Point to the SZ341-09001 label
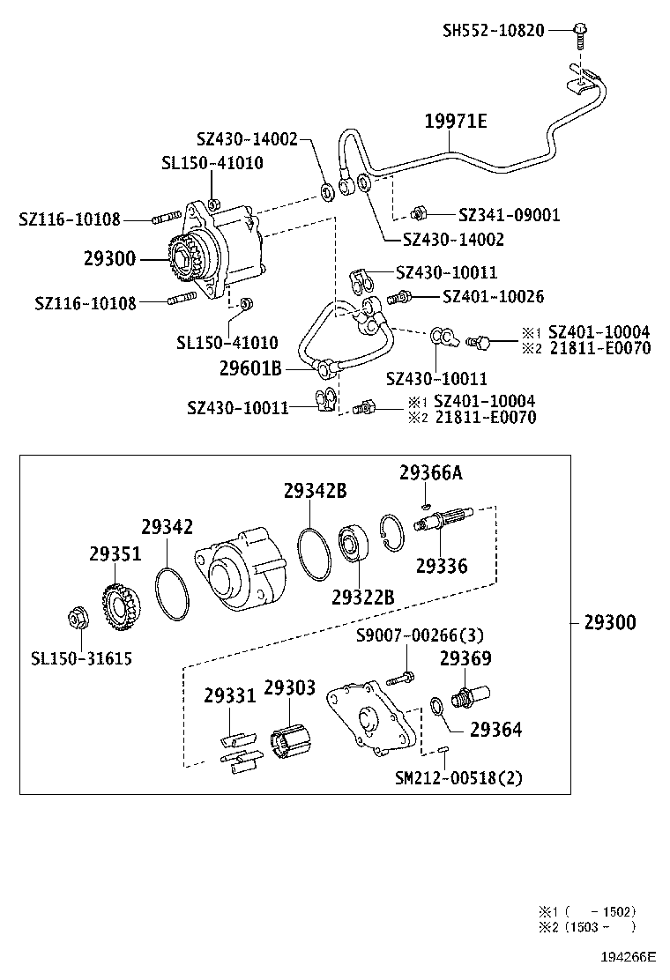point(509,214)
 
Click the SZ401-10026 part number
point(493,297)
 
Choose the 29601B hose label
point(251,368)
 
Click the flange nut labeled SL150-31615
point(75,620)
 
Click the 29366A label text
point(430,473)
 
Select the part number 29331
point(229,695)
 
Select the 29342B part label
point(315,492)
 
